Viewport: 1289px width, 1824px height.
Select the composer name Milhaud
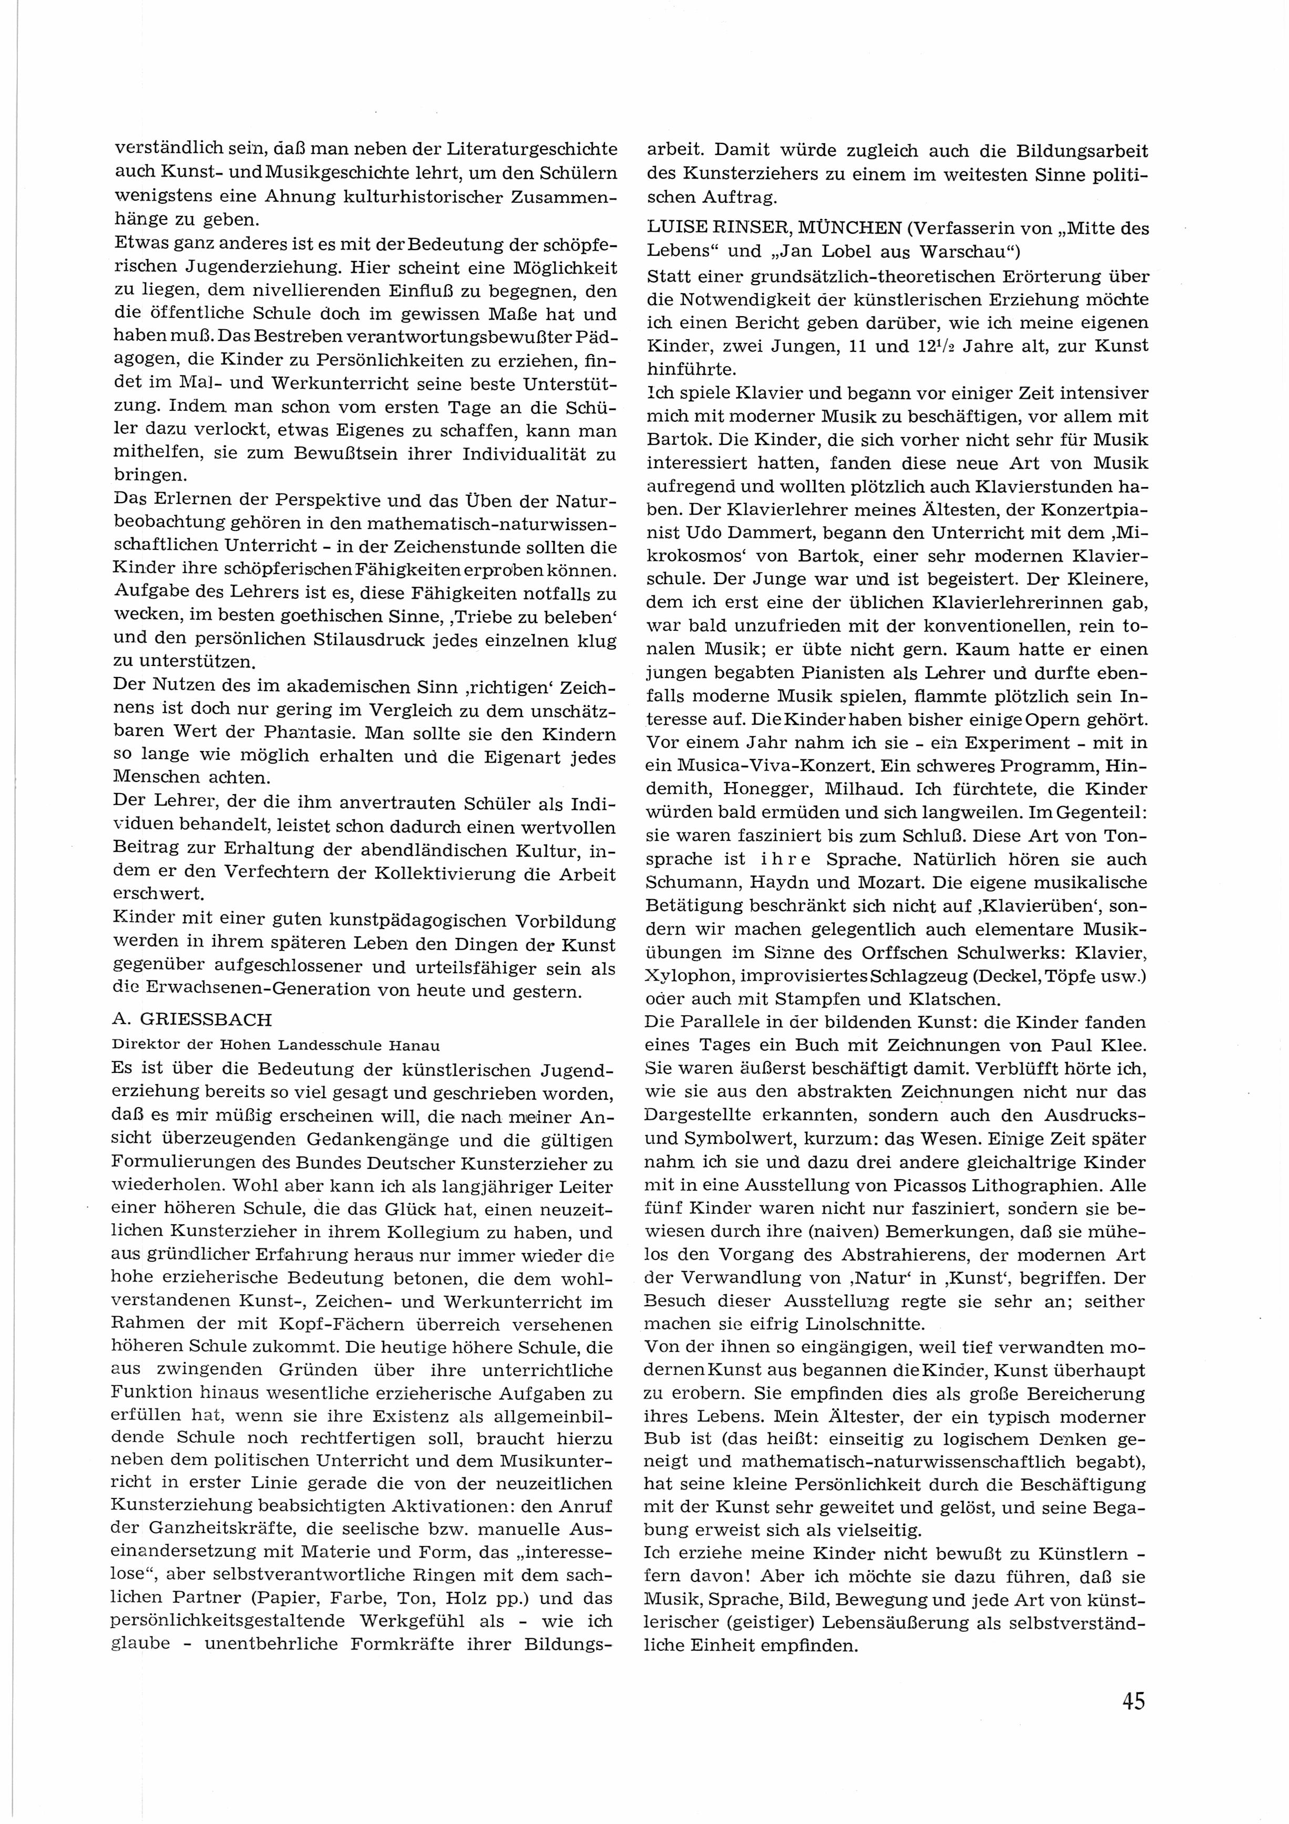(x=853, y=790)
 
